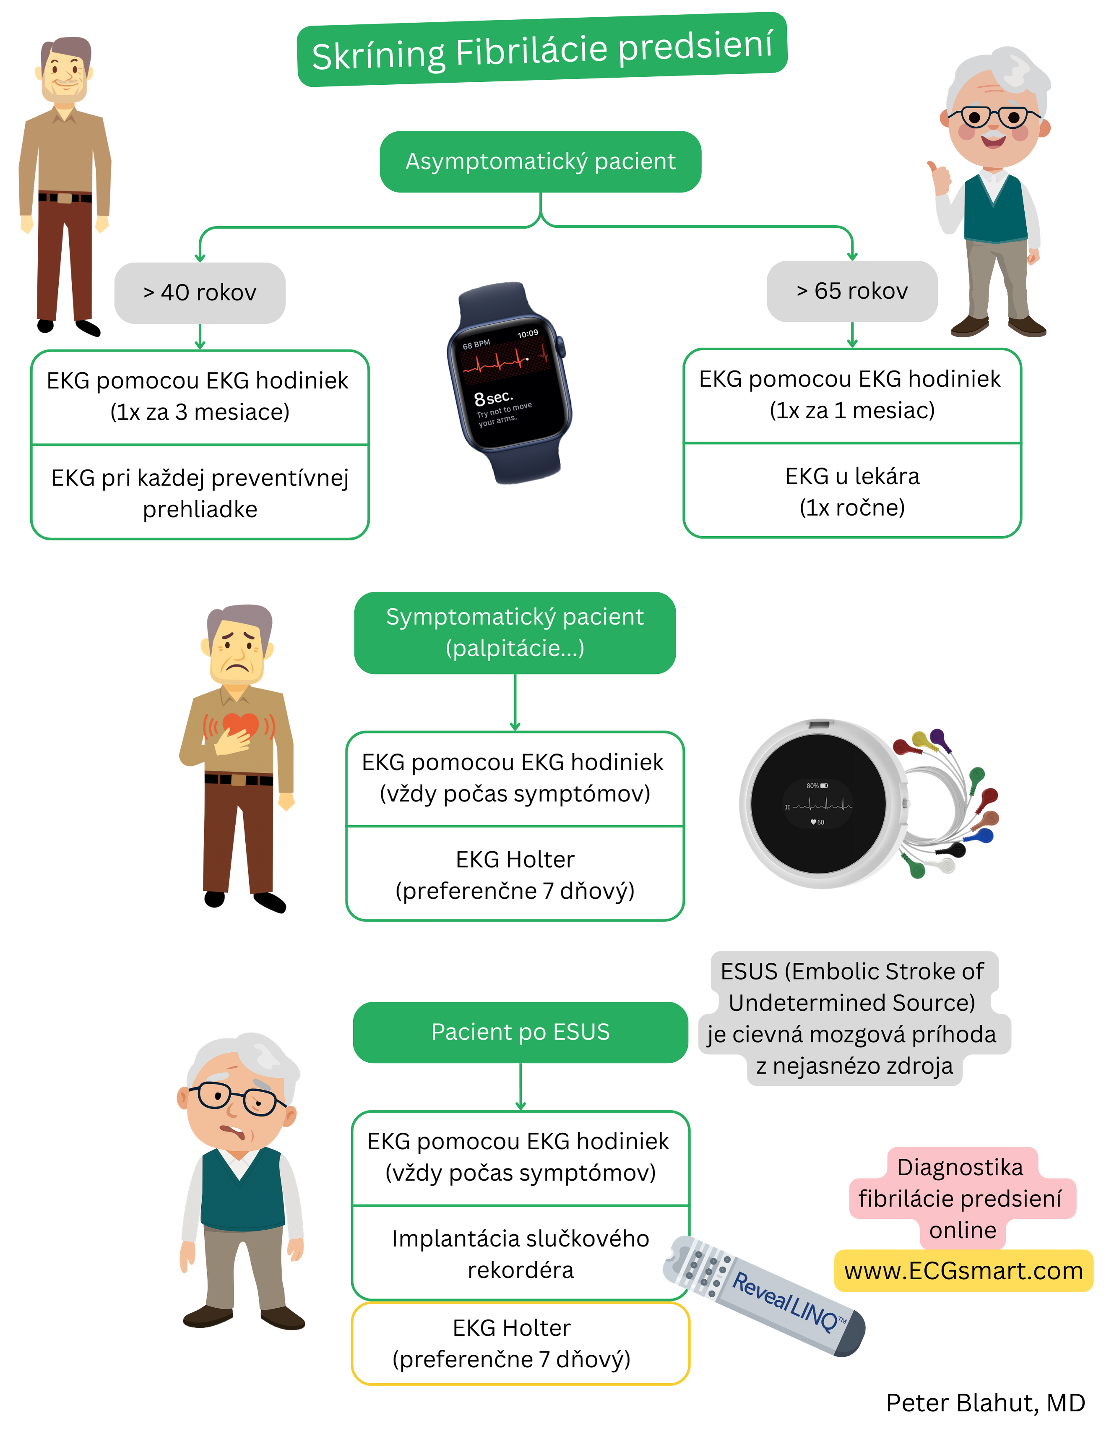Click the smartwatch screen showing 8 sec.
pos(507,383)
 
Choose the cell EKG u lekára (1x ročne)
pos(851,491)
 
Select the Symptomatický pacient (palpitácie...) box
pos(515,633)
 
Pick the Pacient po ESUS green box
pos(520,1032)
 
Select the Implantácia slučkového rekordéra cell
pos(520,1253)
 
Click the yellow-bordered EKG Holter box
pos(520,1343)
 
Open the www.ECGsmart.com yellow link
pos(963,1271)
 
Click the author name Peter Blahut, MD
pos(985,1403)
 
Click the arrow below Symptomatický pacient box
pos(515,703)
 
